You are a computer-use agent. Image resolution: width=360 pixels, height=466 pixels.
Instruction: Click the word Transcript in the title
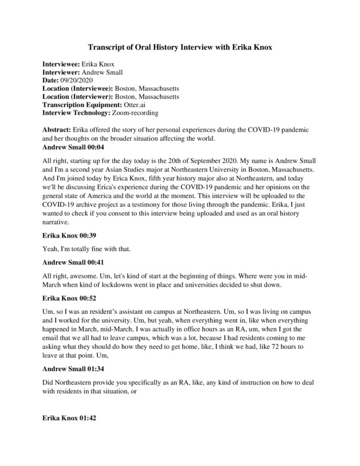107,47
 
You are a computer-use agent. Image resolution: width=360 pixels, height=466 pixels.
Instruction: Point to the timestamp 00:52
90,299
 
